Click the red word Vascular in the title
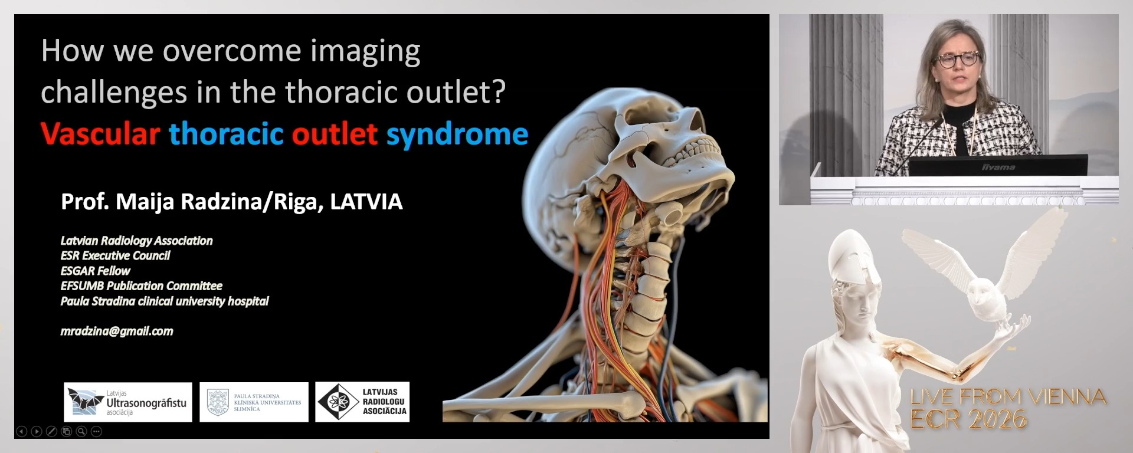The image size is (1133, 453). click(100, 134)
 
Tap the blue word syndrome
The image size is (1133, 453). click(457, 134)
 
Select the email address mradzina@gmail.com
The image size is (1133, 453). click(117, 331)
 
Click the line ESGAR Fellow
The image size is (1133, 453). click(96, 271)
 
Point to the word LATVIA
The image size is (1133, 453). click(366, 202)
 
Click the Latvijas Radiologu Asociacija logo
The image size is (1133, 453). click(362, 402)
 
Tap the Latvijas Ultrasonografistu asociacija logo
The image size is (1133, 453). click(128, 402)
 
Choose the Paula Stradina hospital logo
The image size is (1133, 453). click(254, 402)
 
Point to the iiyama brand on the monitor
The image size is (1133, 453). click(998, 168)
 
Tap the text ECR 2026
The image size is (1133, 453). click(968, 419)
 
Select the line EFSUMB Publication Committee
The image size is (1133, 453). click(142, 286)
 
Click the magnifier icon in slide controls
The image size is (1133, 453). click(81, 432)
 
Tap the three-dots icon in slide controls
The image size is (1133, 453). click(97, 432)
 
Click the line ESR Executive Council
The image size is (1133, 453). click(115, 255)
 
